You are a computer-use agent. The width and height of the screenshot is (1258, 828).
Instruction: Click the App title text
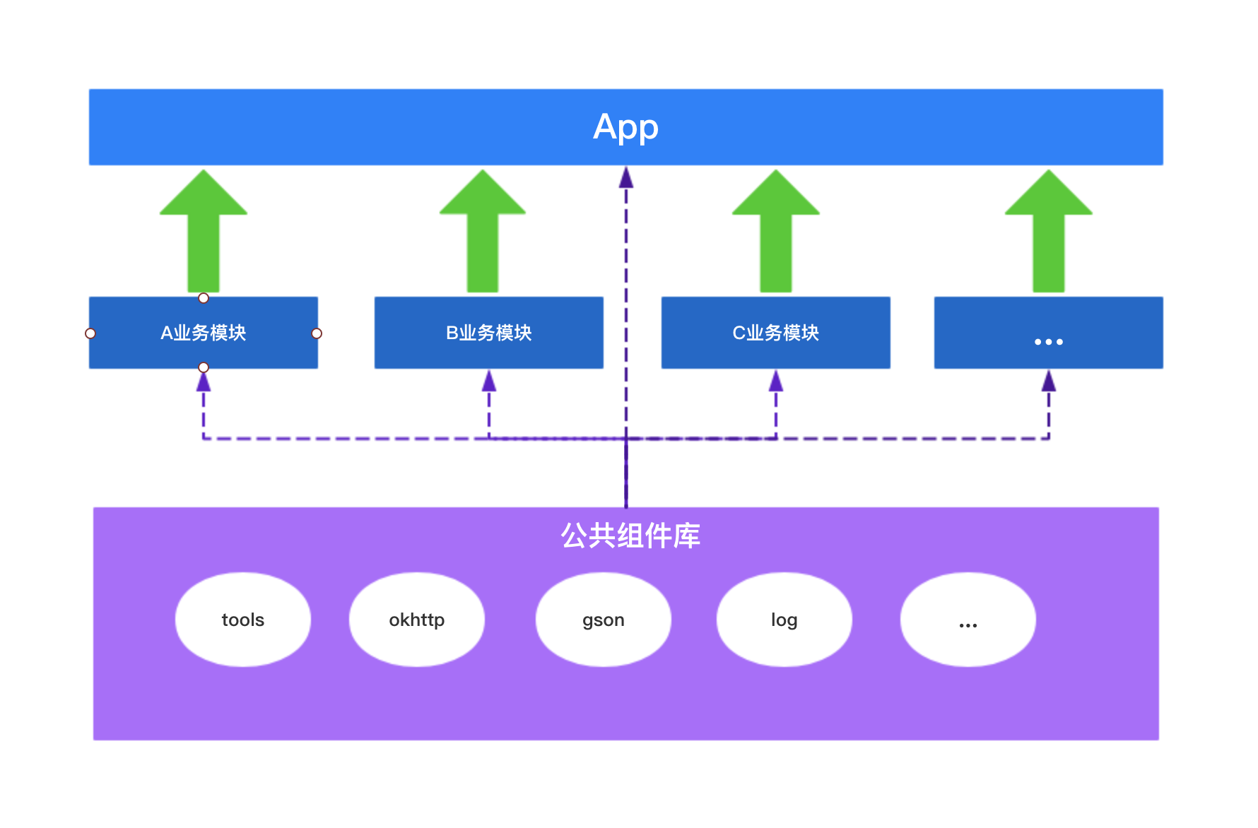(625, 128)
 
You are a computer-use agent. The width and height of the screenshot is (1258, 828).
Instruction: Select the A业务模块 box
(204, 333)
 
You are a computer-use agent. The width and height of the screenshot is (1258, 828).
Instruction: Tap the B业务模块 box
(488, 333)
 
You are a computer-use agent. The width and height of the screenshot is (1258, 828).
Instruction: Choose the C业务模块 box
(775, 333)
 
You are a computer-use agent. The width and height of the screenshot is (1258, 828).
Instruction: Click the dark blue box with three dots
(1048, 333)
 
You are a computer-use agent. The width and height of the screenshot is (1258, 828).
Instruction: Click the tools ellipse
(242, 620)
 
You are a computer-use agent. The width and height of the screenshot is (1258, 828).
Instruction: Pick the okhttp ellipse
(417, 620)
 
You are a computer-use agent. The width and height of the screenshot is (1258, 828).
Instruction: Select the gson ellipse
(603, 620)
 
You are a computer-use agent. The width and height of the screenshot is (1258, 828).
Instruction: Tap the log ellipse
(784, 620)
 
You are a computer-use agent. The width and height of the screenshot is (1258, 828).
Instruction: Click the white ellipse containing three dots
(968, 620)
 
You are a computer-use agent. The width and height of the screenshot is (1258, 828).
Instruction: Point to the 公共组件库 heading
(630, 536)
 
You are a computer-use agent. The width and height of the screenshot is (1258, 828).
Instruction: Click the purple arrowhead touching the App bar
(626, 177)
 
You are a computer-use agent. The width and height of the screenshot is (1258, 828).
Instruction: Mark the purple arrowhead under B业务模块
(489, 382)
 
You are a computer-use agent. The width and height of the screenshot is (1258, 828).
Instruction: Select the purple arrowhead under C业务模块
(776, 382)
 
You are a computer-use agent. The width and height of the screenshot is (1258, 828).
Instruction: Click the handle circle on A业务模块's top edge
(204, 298)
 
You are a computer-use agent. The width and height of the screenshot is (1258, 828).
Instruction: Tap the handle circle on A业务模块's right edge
(317, 333)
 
